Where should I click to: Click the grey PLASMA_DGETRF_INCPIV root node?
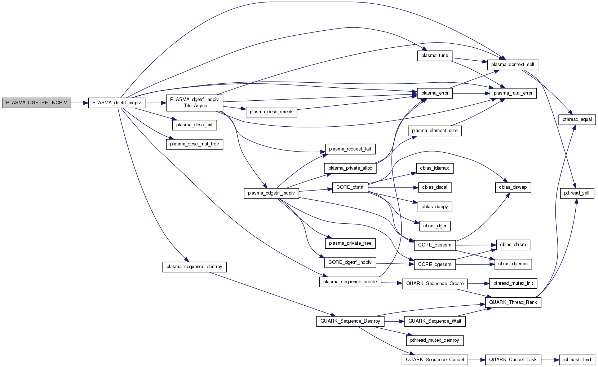pos(36,103)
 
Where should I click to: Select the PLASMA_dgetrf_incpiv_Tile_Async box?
pos(194,103)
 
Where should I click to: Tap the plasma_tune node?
pos(435,56)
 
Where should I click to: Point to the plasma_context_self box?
pos(513,65)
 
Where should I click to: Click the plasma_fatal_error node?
pos(513,93)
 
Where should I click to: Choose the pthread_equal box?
pos(577,119)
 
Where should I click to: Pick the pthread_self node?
pos(577,193)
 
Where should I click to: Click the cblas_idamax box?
pos(434,168)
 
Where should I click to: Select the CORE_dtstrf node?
pos(350,187)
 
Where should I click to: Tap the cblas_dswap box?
pos(513,187)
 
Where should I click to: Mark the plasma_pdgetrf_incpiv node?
pos(271,193)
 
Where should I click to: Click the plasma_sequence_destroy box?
pos(194,267)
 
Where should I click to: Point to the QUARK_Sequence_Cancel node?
pos(435,360)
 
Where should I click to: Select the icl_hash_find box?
pos(577,360)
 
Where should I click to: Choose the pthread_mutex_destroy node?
pos(434,340)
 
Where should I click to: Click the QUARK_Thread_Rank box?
pos(513,302)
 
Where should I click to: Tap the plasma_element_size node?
pos(435,131)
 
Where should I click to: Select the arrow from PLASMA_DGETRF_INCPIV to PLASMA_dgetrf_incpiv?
pos(80,103)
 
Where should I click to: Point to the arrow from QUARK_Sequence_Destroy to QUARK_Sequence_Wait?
pos(394,321)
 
